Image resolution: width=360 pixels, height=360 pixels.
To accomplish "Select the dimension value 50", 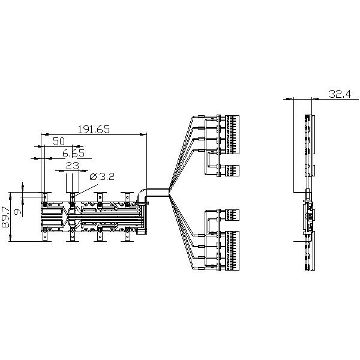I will [59, 142].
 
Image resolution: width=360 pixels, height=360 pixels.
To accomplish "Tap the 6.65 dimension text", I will [73, 153].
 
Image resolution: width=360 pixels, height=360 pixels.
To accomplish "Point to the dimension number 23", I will [73, 166].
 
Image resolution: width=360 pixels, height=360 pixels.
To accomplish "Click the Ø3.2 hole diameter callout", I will [101, 176].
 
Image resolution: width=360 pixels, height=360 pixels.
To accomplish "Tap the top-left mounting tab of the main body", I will [44, 196].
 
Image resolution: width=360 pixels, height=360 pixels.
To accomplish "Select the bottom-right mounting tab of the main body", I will [127, 236].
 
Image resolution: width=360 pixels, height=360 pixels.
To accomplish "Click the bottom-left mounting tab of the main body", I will [44, 236].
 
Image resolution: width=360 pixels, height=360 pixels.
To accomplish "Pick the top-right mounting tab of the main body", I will [127, 196].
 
